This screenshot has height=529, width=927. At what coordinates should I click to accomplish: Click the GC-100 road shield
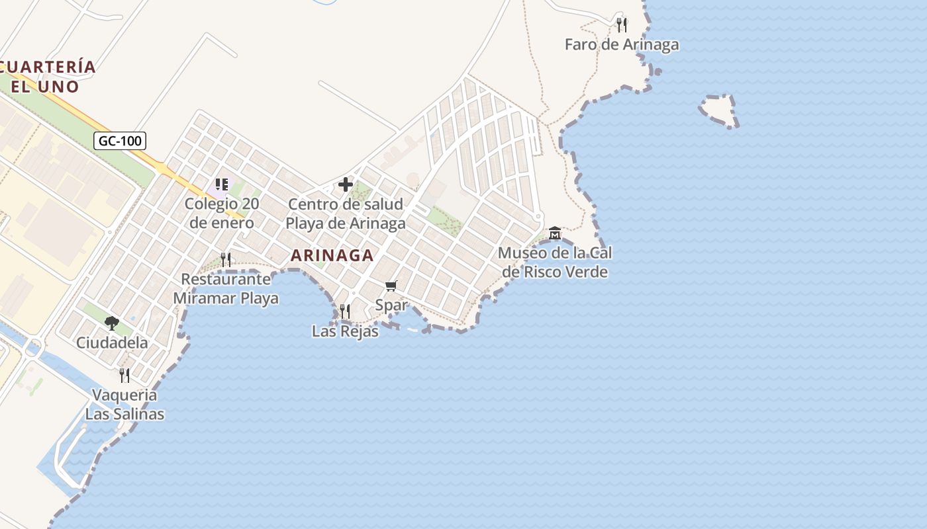click(119, 141)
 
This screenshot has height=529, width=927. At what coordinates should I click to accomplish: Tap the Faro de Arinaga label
click(622, 45)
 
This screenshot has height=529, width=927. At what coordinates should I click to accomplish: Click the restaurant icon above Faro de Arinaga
click(621, 25)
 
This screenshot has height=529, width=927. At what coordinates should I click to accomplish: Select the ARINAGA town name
click(332, 255)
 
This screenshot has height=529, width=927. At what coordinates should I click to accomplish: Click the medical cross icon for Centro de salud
click(346, 184)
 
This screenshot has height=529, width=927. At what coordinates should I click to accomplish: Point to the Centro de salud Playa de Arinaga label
click(346, 214)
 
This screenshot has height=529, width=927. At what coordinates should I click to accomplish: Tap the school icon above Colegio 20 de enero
click(221, 184)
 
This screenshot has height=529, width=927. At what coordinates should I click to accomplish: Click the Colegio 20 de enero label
click(221, 213)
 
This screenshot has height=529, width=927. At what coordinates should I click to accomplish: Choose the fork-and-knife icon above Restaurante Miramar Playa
click(226, 259)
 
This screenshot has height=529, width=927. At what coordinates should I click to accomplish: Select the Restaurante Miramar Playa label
click(226, 289)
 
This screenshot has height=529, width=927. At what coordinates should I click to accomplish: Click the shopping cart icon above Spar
click(391, 286)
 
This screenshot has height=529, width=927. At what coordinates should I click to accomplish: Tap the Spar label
click(391, 305)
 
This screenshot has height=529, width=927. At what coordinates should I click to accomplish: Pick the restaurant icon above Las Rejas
click(345, 311)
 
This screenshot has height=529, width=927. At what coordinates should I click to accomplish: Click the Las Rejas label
click(345, 331)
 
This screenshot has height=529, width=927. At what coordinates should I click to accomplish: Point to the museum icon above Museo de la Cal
click(555, 233)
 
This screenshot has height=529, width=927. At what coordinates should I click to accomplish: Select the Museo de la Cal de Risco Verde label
click(555, 262)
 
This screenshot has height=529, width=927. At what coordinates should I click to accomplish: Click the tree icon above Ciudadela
click(112, 323)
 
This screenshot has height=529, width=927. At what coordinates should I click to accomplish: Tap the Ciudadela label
click(112, 343)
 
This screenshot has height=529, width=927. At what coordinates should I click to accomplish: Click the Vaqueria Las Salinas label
click(124, 405)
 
